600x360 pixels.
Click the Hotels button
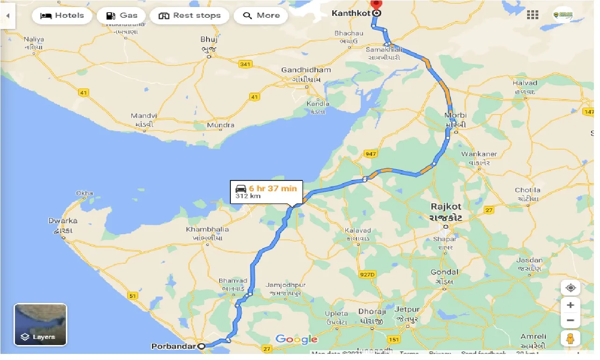[x=62, y=15]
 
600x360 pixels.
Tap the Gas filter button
[x=121, y=15]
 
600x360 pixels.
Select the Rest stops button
[x=189, y=15]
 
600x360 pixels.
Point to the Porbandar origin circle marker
[x=201, y=346]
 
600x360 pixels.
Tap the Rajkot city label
[x=446, y=206]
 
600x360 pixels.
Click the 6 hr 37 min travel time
[x=272, y=188]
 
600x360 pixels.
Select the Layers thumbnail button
[x=41, y=324]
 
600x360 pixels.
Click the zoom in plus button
[x=570, y=305]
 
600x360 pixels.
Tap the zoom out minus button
[x=570, y=321]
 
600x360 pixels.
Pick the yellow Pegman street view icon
[x=570, y=338]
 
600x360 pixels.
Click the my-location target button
[x=570, y=288]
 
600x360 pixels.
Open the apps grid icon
[x=532, y=15]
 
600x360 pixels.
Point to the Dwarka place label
[x=63, y=221]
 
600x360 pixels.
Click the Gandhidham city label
[x=306, y=70]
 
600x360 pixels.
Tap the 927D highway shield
[x=367, y=274]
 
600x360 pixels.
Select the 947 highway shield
[x=371, y=154]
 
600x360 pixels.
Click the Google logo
[x=296, y=339]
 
